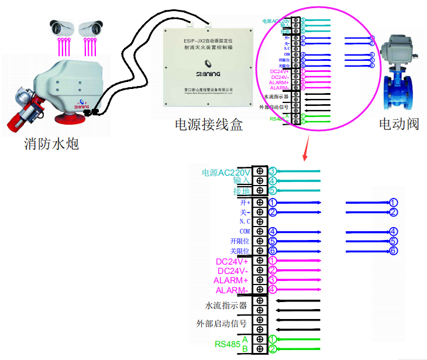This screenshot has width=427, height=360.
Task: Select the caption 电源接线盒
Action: pos(208,125)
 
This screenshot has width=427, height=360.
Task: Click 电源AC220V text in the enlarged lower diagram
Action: pos(226,173)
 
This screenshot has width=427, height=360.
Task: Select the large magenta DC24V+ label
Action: pos(233,262)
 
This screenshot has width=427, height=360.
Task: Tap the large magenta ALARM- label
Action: pos(233,290)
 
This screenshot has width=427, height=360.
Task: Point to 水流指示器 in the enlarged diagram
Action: pos(226,306)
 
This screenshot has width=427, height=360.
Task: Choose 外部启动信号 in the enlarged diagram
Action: pos(221,323)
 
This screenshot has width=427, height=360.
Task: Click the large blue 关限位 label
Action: pos(240,251)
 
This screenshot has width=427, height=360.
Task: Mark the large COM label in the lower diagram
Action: pos(245,231)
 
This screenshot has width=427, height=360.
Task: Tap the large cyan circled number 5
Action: pos(273,190)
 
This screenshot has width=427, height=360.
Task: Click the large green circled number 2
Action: pos(273,349)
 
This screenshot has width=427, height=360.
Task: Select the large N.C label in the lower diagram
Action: pos(245,222)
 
